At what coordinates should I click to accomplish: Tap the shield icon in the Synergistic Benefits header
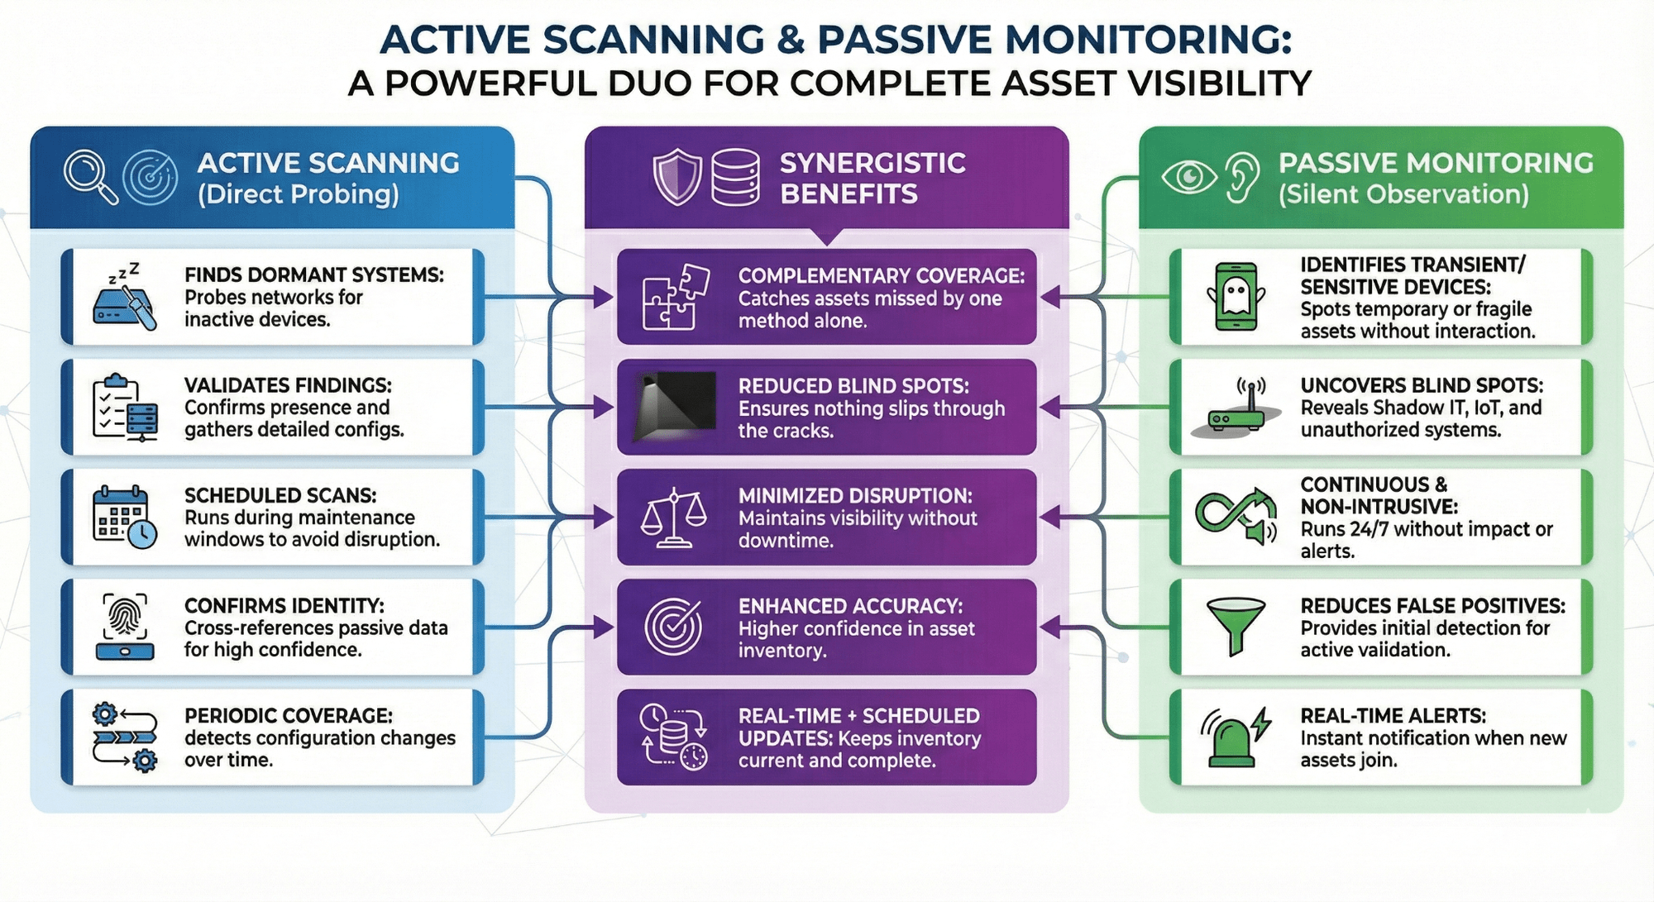coord(677,176)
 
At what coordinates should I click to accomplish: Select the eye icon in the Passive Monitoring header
coord(1189,176)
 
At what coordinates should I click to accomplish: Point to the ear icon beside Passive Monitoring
coord(1241,176)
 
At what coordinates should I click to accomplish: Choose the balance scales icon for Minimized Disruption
coord(674,518)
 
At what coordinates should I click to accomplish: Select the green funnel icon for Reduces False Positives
coord(1236,627)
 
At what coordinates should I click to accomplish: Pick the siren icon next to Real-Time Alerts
coord(1234,737)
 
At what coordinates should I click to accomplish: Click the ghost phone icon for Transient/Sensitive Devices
coord(1236,297)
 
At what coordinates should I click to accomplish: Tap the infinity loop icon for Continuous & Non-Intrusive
coord(1236,516)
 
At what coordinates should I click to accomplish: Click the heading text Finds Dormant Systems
coord(313,274)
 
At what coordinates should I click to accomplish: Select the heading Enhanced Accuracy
coord(850,606)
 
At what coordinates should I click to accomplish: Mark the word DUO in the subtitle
coord(649,84)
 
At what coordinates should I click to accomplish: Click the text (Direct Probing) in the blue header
coord(298,194)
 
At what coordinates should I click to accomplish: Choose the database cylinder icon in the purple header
coord(735,177)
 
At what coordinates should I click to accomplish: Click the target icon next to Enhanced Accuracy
coord(673,627)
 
